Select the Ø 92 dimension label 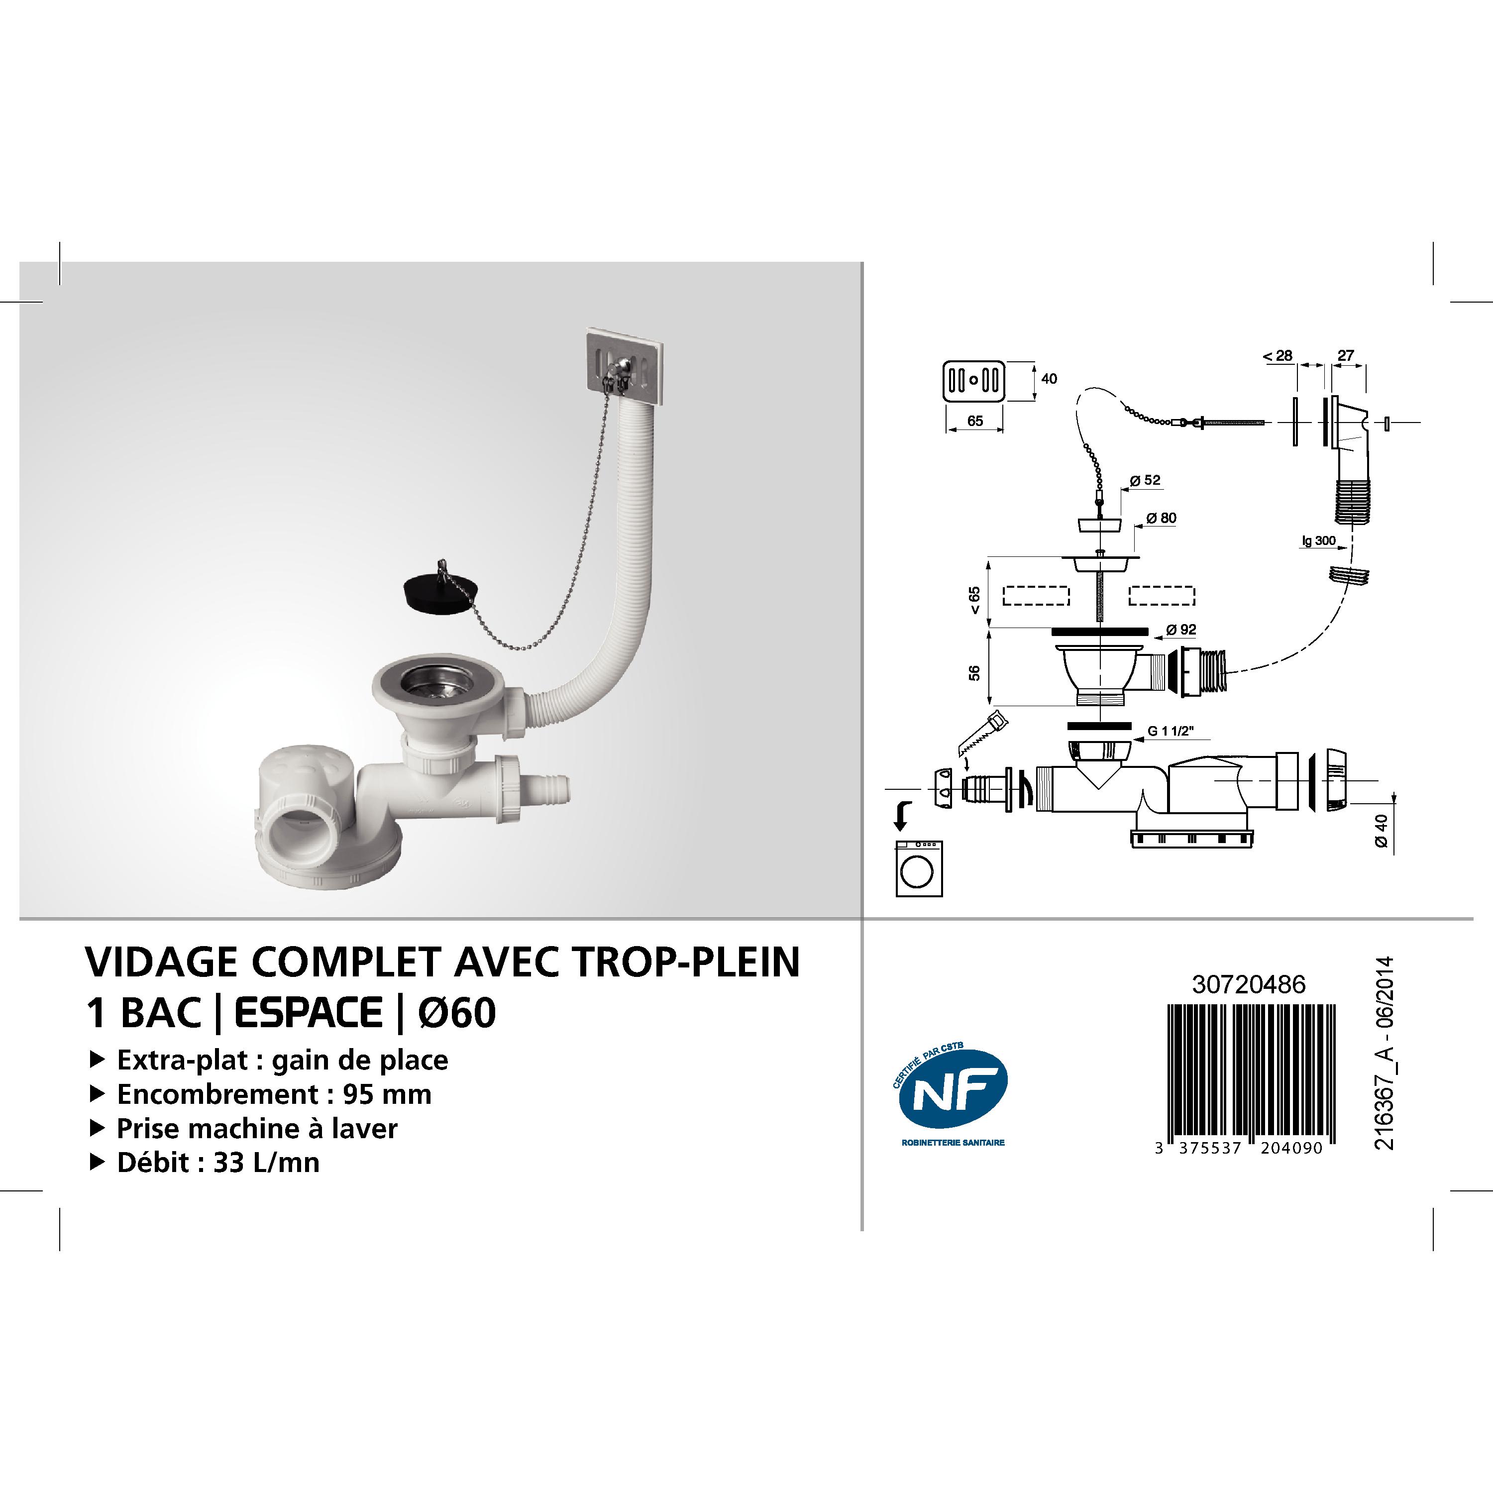point(1181,630)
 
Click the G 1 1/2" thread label point(1171,731)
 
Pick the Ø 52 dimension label point(1145,480)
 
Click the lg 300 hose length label point(1318,540)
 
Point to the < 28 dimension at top point(1278,355)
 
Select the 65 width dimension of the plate point(975,421)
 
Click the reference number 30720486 point(1249,984)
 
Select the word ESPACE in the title point(309,1013)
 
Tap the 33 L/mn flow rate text point(266,1162)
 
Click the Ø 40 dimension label point(1381,832)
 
